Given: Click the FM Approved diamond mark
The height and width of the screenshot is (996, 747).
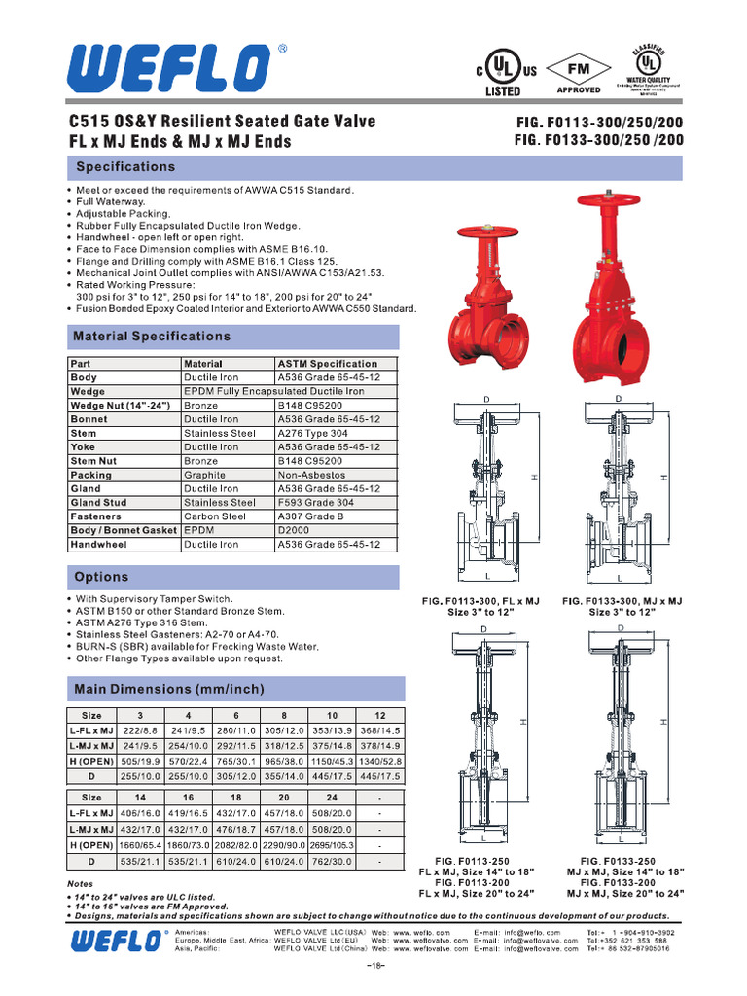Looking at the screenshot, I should (x=579, y=71).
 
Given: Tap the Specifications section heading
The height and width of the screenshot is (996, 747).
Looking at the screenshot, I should (x=125, y=167).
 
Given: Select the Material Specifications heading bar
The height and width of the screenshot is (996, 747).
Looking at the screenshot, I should (x=153, y=337).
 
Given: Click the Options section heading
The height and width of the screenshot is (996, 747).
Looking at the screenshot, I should (x=102, y=578).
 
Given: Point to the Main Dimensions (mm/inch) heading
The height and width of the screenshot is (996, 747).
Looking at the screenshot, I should (x=169, y=690).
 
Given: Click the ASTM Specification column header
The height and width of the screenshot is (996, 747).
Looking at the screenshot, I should (x=328, y=364).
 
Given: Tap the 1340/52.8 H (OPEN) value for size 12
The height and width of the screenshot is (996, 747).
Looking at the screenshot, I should (x=378, y=762).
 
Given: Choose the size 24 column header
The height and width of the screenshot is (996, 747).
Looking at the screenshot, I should (x=333, y=797).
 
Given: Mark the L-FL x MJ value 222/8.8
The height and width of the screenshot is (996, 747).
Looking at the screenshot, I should (x=139, y=729).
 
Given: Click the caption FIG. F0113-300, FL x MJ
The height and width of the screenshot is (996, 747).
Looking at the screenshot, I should (x=480, y=602).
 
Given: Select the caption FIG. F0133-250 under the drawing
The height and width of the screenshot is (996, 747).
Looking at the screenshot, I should (x=618, y=862).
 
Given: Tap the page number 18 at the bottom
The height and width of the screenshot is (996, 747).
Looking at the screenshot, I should (x=377, y=965).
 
